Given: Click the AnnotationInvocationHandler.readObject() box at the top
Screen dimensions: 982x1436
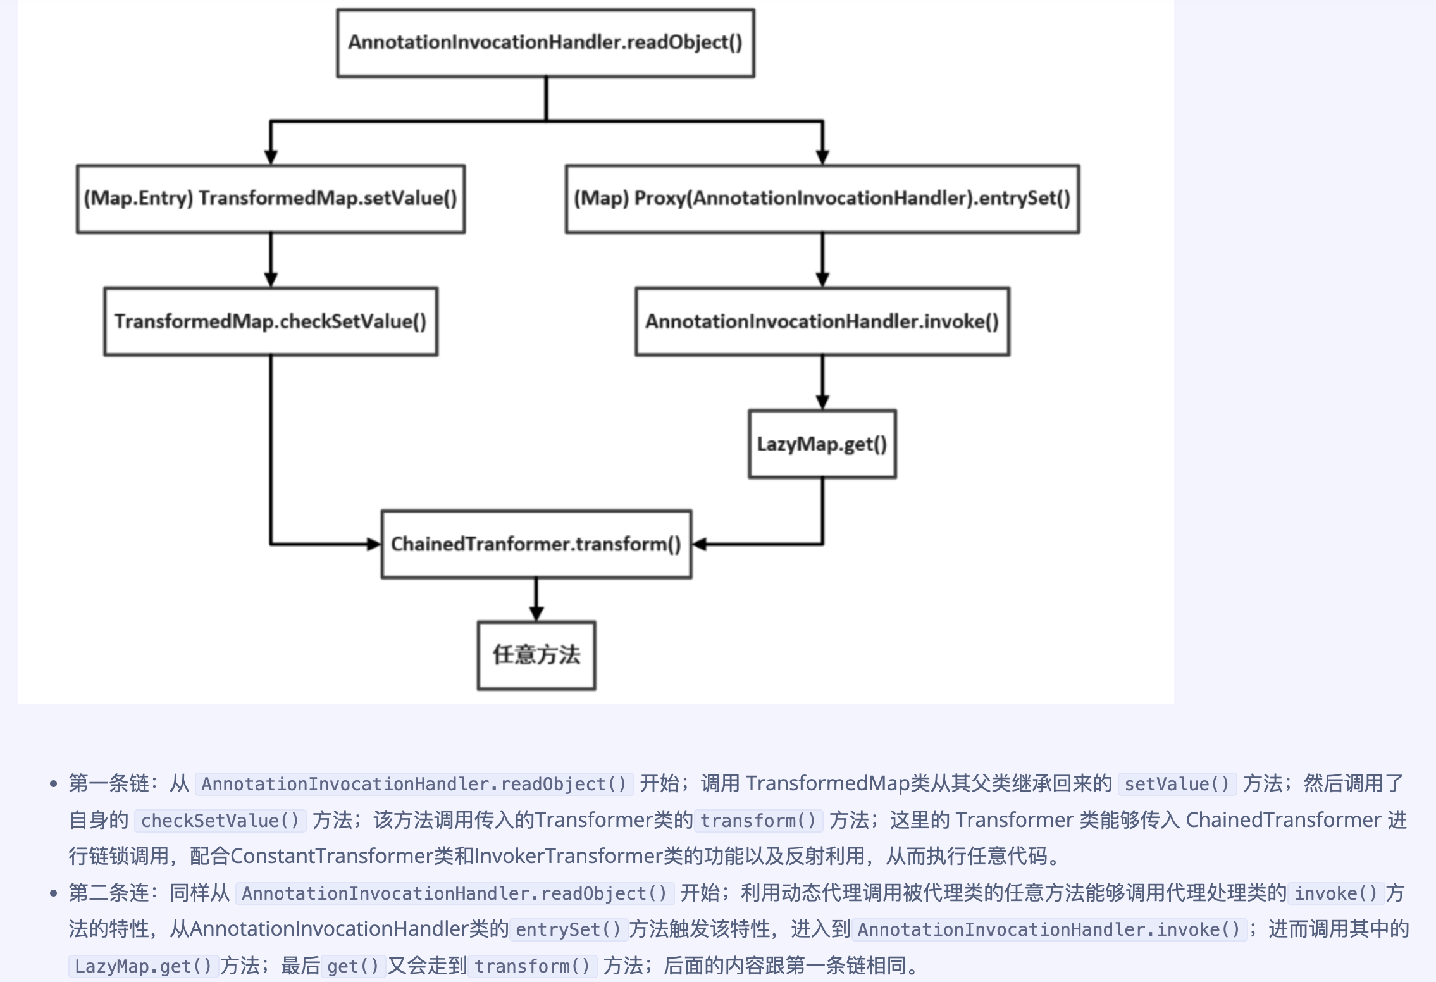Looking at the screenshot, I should click(545, 43).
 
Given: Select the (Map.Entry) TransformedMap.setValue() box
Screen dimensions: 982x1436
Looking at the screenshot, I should click(271, 199).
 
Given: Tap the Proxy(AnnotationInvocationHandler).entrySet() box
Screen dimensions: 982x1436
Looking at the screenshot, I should click(822, 199).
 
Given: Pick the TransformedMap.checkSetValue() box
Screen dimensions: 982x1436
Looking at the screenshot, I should click(271, 321).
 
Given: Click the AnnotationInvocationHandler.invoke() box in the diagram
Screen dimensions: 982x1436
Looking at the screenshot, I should click(822, 321).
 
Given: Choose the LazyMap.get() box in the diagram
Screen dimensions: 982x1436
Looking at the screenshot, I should click(822, 444).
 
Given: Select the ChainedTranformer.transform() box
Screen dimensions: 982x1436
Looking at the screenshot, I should click(536, 544).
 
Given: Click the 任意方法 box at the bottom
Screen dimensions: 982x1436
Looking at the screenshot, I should click(536, 655).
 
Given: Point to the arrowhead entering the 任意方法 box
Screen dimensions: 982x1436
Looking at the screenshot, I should click(536, 613).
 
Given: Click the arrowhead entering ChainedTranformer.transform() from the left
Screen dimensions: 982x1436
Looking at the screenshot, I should click(373, 544).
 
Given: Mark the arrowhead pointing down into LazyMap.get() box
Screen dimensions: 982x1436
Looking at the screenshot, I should click(822, 402).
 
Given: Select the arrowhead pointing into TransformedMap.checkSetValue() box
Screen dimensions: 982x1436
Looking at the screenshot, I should click(271, 280).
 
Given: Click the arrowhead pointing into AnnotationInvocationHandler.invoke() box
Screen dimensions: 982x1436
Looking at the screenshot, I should click(822, 280).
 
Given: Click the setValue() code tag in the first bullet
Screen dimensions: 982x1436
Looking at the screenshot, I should click(1177, 784).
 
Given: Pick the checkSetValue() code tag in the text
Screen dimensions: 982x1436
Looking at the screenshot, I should click(220, 821).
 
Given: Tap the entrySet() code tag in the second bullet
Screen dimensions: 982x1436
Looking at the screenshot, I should click(568, 929).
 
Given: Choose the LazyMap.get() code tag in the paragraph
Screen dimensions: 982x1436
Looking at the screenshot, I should click(143, 966).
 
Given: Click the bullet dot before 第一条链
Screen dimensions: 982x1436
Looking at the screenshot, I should click(54, 785).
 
